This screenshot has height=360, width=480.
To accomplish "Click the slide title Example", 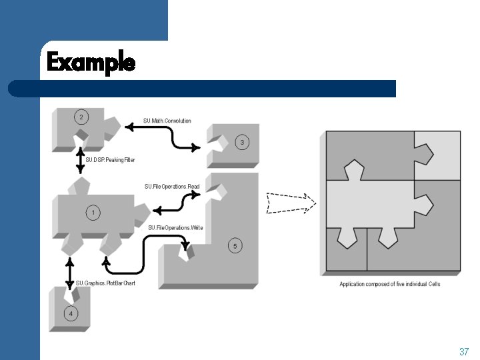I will coord(91,63).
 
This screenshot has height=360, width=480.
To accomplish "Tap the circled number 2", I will coord(81,117).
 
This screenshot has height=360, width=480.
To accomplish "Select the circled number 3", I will coord(243,142).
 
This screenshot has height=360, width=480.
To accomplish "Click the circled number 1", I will coord(93,213).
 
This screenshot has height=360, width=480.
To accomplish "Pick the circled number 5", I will coord(233,246).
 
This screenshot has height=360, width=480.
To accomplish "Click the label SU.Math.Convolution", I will coord(167,121).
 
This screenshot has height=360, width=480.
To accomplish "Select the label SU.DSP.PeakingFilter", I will coord(110,160).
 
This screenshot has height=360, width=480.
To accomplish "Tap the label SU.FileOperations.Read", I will coord(172,187).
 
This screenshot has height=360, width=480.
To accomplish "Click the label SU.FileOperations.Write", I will coord(175,228).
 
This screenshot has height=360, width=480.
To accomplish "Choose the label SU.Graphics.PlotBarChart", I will coord(105,283).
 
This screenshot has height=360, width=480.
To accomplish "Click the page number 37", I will coord(464,351).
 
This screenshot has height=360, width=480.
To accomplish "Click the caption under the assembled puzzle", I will coord(389,284).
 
